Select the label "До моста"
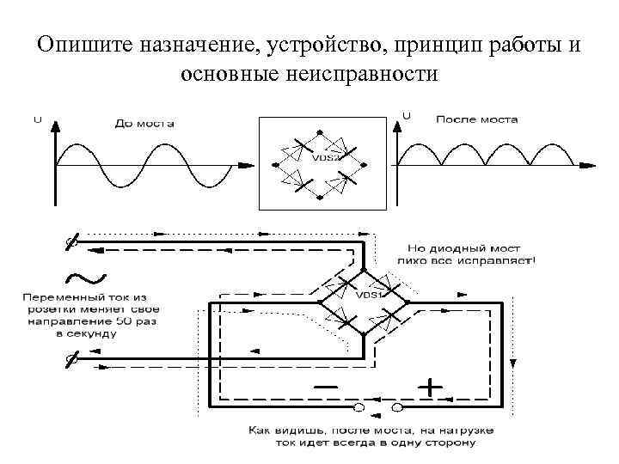click(144, 124)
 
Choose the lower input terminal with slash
click(74, 361)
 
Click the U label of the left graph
click(37, 119)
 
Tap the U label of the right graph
click(406, 114)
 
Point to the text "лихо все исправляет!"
click(466, 258)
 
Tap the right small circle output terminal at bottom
click(397, 405)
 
